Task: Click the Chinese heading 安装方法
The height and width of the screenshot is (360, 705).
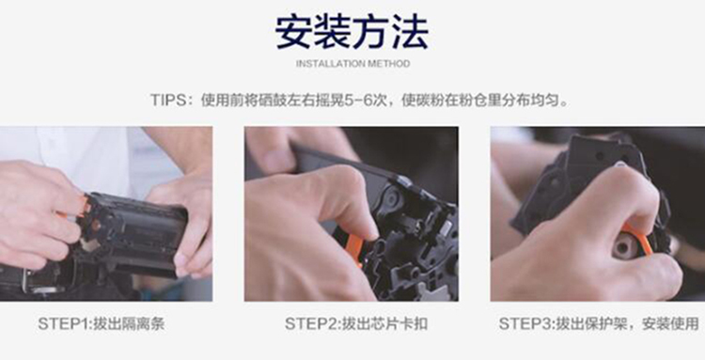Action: (x=352, y=32)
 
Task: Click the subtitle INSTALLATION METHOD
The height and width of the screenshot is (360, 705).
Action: (x=352, y=64)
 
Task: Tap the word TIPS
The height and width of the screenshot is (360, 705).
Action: (x=168, y=100)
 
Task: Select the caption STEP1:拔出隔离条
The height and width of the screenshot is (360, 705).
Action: (x=102, y=323)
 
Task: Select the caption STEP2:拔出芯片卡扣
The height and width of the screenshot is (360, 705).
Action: (x=355, y=323)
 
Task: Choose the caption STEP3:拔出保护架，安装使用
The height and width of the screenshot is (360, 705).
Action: (x=599, y=323)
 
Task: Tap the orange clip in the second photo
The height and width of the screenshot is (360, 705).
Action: (x=353, y=248)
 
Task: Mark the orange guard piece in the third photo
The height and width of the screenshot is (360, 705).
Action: (x=638, y=239)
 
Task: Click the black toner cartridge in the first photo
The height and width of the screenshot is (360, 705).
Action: (x=134, y=234)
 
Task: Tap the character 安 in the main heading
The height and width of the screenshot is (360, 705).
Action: (x=293, y=32)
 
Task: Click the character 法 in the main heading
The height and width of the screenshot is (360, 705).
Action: (x=410, y=32)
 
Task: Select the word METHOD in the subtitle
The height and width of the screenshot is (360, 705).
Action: (x=389, y=64)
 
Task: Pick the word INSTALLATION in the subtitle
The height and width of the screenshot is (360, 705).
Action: (x=331, y=64)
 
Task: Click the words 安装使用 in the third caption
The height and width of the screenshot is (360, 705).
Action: (x=670, y=323)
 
